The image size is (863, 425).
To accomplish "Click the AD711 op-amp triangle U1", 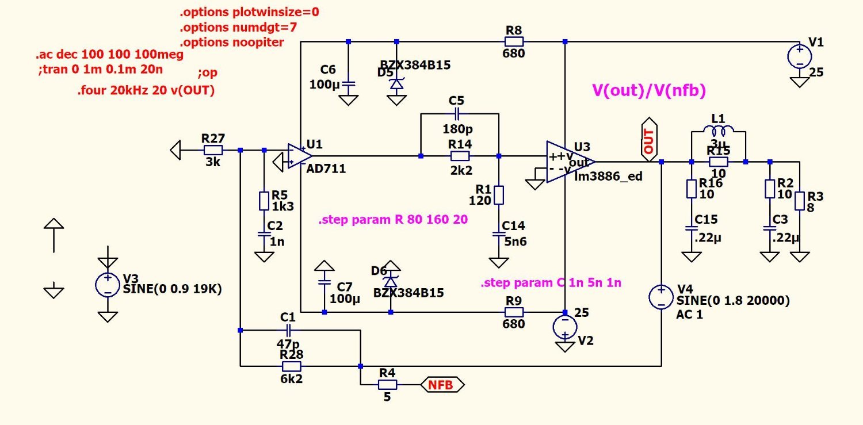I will [300, 156].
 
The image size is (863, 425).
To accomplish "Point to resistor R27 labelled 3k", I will [213, 150].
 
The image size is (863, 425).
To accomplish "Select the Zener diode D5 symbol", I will [396, 84].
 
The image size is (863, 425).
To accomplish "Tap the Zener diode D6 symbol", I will [391, 282].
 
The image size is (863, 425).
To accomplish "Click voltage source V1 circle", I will [799, 56].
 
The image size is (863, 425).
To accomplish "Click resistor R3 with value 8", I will [800, 201].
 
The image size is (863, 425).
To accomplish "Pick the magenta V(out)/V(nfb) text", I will [648, 90].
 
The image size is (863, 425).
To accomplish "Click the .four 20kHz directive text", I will [146, 90].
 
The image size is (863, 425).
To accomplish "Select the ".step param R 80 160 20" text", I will [393, 220].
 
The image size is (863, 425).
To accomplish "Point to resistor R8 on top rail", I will [514, 41].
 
